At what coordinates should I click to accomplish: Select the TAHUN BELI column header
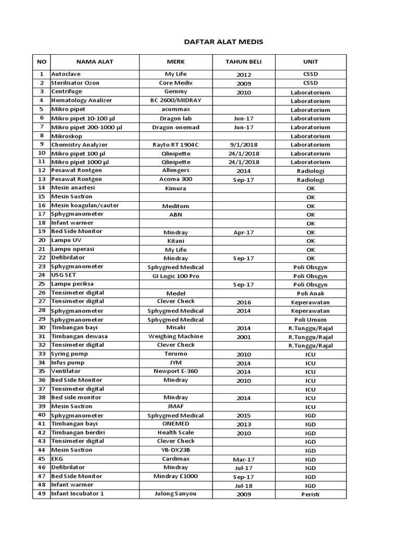point(243,62)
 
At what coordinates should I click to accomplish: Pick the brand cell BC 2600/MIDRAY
point(176,100)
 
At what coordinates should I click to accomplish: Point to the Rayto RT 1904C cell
point(176,144)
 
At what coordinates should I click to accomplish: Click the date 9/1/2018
point(243,145)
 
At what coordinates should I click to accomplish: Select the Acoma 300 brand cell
point(176,179)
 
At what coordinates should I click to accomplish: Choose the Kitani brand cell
point(176,241)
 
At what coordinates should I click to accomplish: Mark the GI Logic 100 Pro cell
point(176,276)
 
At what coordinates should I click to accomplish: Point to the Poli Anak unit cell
point(310,293)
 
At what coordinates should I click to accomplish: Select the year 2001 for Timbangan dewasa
point(243,337)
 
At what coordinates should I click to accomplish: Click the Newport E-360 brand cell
point(176,371)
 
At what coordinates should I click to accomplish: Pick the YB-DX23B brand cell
point(176,450)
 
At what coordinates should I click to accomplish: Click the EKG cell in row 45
point(57,459)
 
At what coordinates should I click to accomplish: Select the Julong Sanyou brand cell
point(176,493)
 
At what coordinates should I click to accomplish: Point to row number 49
point(41,493)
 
